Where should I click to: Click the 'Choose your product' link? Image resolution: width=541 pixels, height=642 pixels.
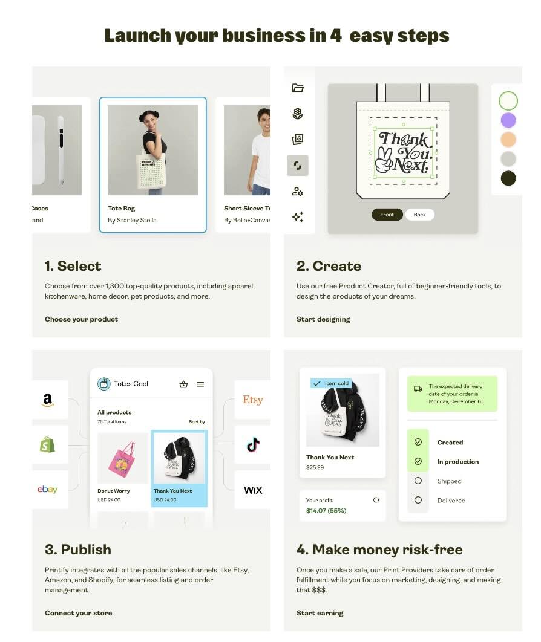(x=81, y=319)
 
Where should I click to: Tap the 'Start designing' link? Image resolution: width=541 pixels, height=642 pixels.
(x=323, y=319)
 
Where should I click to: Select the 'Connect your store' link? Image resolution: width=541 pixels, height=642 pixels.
(x=78, y=613)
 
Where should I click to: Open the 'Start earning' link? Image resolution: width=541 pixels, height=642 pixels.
(x=320, y=613)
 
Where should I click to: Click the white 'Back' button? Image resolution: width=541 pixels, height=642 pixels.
(x=420, y=215)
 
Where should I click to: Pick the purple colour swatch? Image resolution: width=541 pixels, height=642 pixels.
(x=508, y=120)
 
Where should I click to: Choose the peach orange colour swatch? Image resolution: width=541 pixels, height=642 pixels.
(x=508, y=140)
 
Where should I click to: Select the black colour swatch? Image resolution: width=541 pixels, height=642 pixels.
(x=508, y=178)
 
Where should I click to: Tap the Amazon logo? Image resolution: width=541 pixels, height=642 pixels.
(x=48, y=400)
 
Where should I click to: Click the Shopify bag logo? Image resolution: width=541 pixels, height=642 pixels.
(x=47, y=444)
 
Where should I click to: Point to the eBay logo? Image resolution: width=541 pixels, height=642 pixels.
(x=47, y=489)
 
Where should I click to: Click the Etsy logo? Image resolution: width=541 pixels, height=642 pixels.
(x=252, y=400)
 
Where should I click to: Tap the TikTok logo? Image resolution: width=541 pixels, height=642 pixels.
(x=254, y=445)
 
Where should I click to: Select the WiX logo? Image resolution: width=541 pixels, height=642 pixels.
(x=253, y=490)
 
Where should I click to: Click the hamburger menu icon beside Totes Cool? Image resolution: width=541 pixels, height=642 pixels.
(x=200, y=384)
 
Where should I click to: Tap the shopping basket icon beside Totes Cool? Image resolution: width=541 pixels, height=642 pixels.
(x=183, y=384)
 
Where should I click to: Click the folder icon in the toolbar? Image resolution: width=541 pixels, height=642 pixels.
(x=298, y=88)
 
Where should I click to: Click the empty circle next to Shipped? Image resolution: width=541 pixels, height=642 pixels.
(x=418, y=481)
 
